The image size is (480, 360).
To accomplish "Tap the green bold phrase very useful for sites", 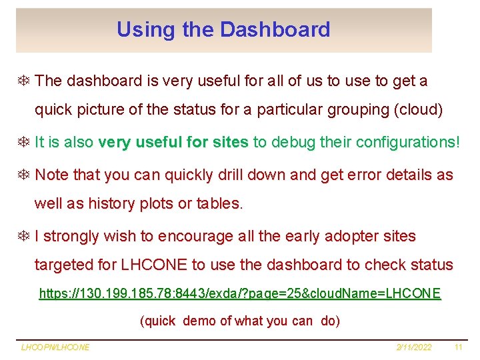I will click(173, 142).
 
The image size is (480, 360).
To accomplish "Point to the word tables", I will click(220, 203).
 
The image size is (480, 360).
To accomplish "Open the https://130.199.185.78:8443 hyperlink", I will click(240, 293).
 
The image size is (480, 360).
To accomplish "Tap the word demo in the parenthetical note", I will click(199, 321).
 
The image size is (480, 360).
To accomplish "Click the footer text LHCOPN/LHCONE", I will click(55, 347).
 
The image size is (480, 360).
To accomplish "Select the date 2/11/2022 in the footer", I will click(413, 347).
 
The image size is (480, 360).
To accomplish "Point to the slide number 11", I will click(458, 347).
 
